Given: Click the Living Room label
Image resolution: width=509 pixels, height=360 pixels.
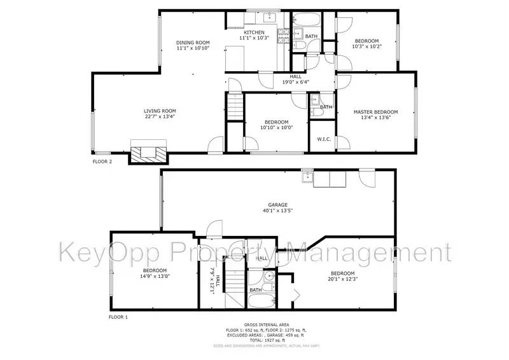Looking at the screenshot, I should point(159,111).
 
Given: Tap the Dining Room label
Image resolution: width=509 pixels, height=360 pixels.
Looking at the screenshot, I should point(192,43).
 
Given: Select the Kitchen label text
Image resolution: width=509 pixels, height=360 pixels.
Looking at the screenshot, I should point(254,32).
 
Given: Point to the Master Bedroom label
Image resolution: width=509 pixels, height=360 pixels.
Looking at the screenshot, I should point(375,112).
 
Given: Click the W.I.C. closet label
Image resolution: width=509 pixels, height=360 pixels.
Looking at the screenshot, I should point(323,139).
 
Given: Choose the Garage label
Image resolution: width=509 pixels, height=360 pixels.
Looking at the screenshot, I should point(277,205).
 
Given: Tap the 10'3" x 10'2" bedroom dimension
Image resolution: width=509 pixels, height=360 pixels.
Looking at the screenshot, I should point(366,46).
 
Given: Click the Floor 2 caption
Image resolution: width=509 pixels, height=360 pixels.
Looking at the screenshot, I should point(102,162).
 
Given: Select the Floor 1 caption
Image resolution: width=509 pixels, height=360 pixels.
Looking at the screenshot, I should point(118,316).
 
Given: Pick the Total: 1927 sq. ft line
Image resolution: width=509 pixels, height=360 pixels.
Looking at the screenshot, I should point(266,340).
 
